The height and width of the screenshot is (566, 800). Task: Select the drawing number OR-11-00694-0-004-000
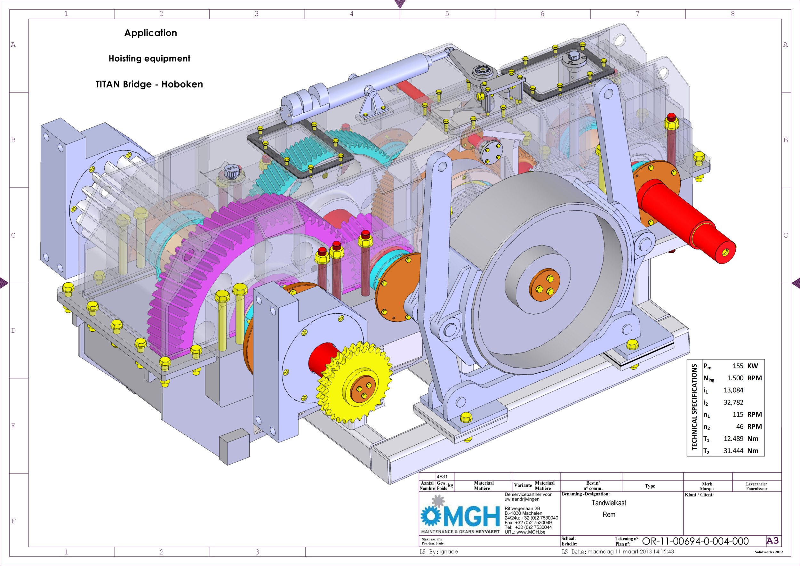(695, 541)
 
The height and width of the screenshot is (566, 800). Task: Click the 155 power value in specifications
(738, 366)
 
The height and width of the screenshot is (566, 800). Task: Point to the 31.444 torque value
(733, 451)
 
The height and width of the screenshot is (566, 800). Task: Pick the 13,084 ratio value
(733, 390)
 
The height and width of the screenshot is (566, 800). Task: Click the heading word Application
(150, 33)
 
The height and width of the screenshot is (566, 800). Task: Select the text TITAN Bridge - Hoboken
(149, 84)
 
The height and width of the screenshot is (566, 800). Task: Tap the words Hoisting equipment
(149, 59)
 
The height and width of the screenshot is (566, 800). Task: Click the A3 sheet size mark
(772, 541)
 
